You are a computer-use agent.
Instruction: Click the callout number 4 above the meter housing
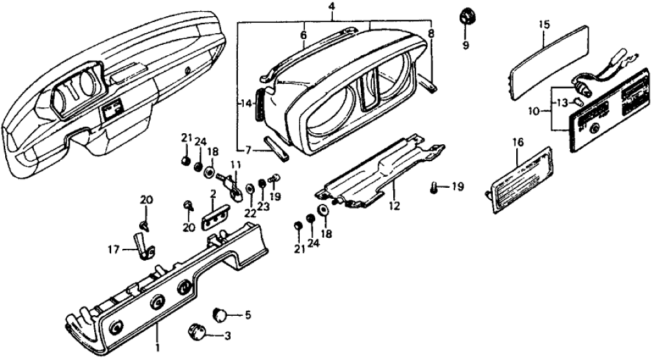[332, 7]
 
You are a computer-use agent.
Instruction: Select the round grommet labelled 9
[465, 16]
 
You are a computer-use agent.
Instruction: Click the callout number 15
[544, 25]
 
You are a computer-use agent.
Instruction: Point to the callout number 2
[212, 194]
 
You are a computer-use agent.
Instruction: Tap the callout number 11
[234, 164]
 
